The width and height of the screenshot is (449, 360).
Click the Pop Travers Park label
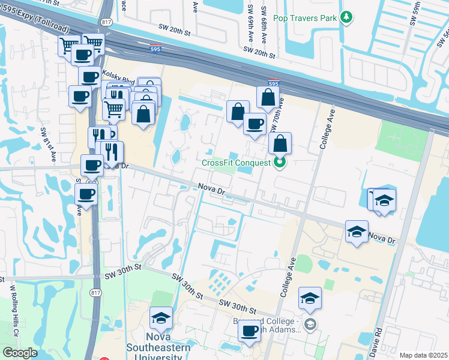305,19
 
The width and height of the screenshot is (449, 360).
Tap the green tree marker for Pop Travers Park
346,18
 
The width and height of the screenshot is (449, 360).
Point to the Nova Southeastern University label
158,347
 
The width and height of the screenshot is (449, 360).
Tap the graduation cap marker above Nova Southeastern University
161,318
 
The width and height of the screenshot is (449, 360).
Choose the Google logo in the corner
20,352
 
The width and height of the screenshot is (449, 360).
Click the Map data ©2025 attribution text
423,355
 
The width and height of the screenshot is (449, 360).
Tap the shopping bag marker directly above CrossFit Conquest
280,143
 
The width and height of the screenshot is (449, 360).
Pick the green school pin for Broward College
310,325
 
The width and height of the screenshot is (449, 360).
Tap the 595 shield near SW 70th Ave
273,84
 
